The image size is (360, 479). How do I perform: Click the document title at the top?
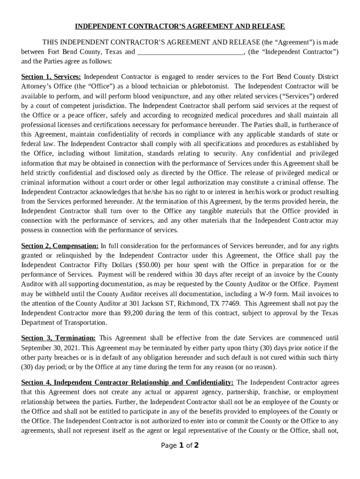coord(180,26)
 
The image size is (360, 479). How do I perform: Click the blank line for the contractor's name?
coord(190,52)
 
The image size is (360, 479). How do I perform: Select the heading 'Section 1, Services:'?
coord(51,76)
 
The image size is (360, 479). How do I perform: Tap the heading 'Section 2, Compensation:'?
coord(60,246)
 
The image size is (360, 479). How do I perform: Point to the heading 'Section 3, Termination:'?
coord(58,338)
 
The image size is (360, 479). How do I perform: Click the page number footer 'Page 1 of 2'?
coord(180,445)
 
